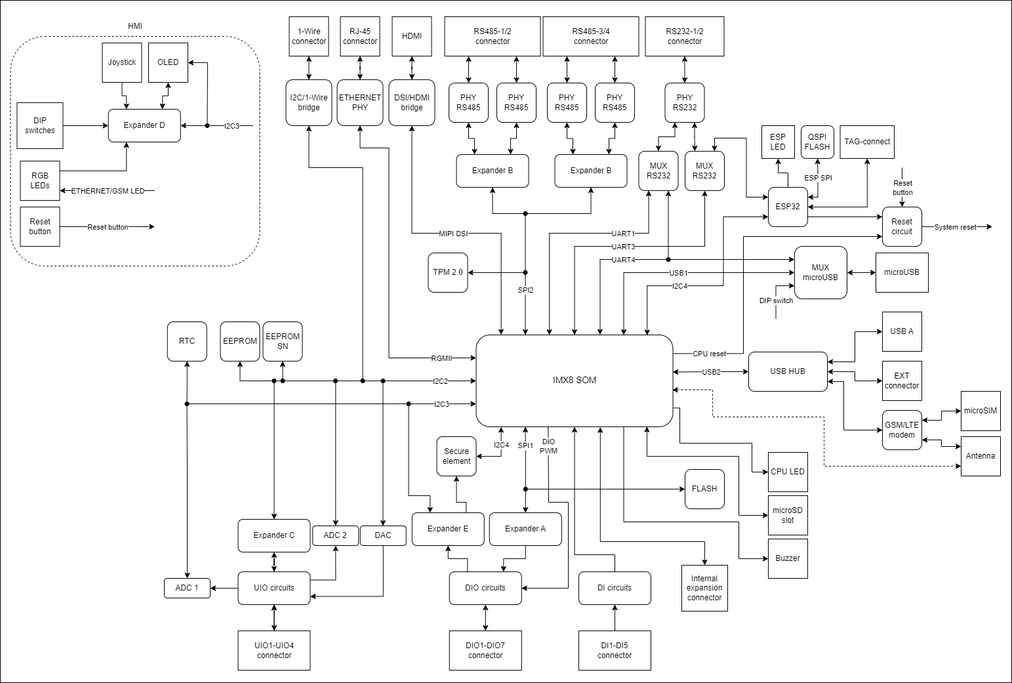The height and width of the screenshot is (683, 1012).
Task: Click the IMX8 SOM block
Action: pos(574,380)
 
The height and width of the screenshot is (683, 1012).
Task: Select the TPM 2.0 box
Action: pos(448,272)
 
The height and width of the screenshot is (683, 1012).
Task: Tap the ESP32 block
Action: pos(788,207)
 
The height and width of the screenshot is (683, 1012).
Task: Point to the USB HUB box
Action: pos(788,371)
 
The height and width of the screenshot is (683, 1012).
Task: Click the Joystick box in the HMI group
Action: pos(122,62)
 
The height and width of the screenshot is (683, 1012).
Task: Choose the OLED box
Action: pos(168,62)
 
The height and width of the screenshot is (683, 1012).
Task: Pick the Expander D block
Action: pos(144,125)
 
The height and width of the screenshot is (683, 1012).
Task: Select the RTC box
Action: pos(187,341)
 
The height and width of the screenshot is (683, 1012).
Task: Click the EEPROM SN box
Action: pos(283,341)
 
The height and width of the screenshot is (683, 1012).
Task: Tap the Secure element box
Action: pos(456,456)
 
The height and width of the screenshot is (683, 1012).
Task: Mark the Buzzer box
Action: pos(788,558)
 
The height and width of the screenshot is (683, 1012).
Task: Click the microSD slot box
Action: pos(788,515)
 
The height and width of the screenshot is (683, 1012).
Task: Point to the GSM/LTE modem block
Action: pos(902,430)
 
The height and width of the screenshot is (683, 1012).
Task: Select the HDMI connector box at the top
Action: pos(412,36)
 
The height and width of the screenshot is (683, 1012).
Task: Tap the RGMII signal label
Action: pos(441,358)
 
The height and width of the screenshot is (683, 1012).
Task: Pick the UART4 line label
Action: pos(623,260)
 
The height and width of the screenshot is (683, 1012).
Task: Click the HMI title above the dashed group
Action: pos(134,26)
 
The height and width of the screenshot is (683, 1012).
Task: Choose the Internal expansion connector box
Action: pos(704,588)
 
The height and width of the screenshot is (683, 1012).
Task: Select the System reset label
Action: pos(955,227)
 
